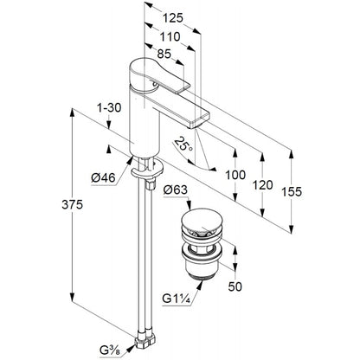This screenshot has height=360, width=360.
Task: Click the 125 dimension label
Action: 173,18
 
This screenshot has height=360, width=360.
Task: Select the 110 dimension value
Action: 170,36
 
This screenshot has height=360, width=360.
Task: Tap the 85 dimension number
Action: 164,54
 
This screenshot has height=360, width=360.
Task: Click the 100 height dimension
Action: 235,175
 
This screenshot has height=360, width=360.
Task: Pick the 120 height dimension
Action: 262,185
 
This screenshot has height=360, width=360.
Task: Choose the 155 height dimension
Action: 292,191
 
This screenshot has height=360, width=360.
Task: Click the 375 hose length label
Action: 72,204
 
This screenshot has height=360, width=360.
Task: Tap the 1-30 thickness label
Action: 109,107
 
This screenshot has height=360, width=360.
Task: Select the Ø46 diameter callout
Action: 103,178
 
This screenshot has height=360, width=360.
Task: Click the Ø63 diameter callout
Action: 176,190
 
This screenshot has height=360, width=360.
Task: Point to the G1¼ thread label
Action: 176,299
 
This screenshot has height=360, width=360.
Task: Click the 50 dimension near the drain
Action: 235,286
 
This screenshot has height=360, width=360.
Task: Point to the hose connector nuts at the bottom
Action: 145,340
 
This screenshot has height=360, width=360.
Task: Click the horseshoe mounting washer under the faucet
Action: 147,170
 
